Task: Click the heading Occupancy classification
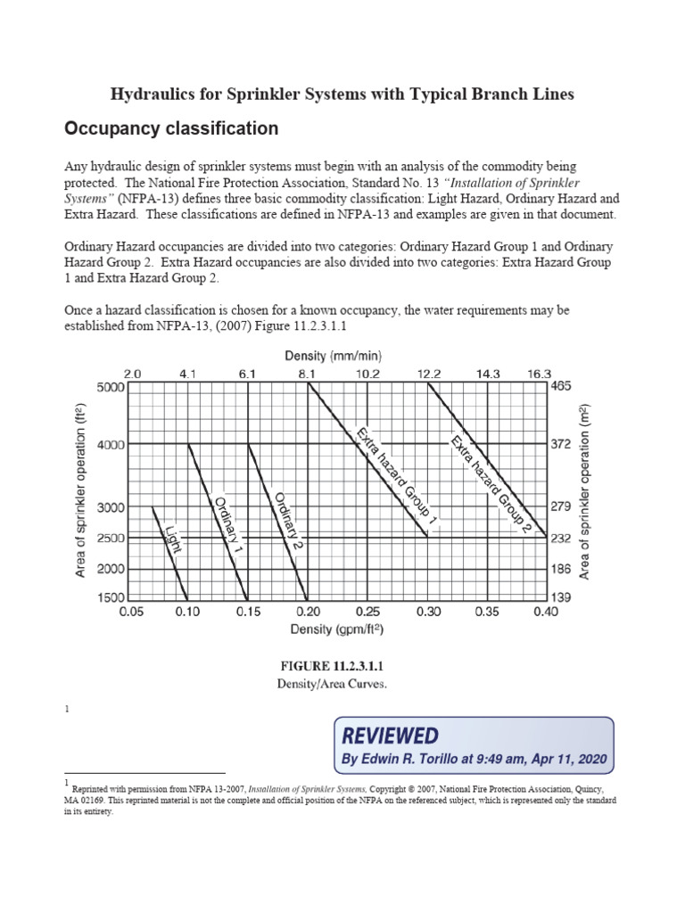[x=171, y=129]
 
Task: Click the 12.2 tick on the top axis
[x=429, y=374]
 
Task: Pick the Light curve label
[x=173, y=539]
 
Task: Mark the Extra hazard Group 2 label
[x=491, y=484]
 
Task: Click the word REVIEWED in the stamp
[x=390, y=736]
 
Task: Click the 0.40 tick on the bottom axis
[x=546, y=613]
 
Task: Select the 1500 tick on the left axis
[x=111, y=598]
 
